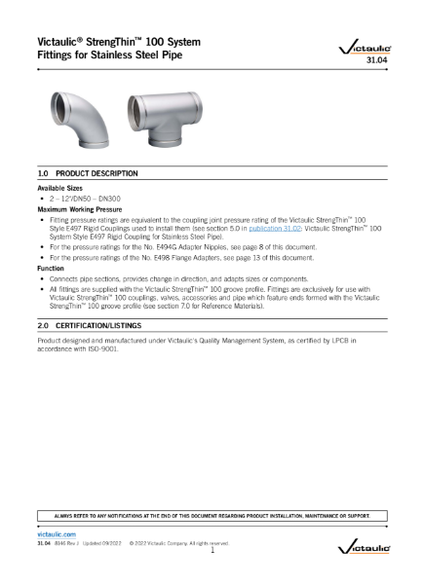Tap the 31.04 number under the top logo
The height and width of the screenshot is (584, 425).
pos(376,60)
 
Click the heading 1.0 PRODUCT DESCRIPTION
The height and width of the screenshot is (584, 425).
pos(87,172)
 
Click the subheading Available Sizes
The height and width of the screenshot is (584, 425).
pos(61,187)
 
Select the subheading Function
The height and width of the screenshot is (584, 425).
pos(51,268)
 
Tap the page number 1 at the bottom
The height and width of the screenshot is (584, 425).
pos(212,551)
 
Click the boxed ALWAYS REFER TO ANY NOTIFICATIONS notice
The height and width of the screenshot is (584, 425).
pos(212,514)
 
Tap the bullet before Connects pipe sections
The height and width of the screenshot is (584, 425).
pos(42,278)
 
